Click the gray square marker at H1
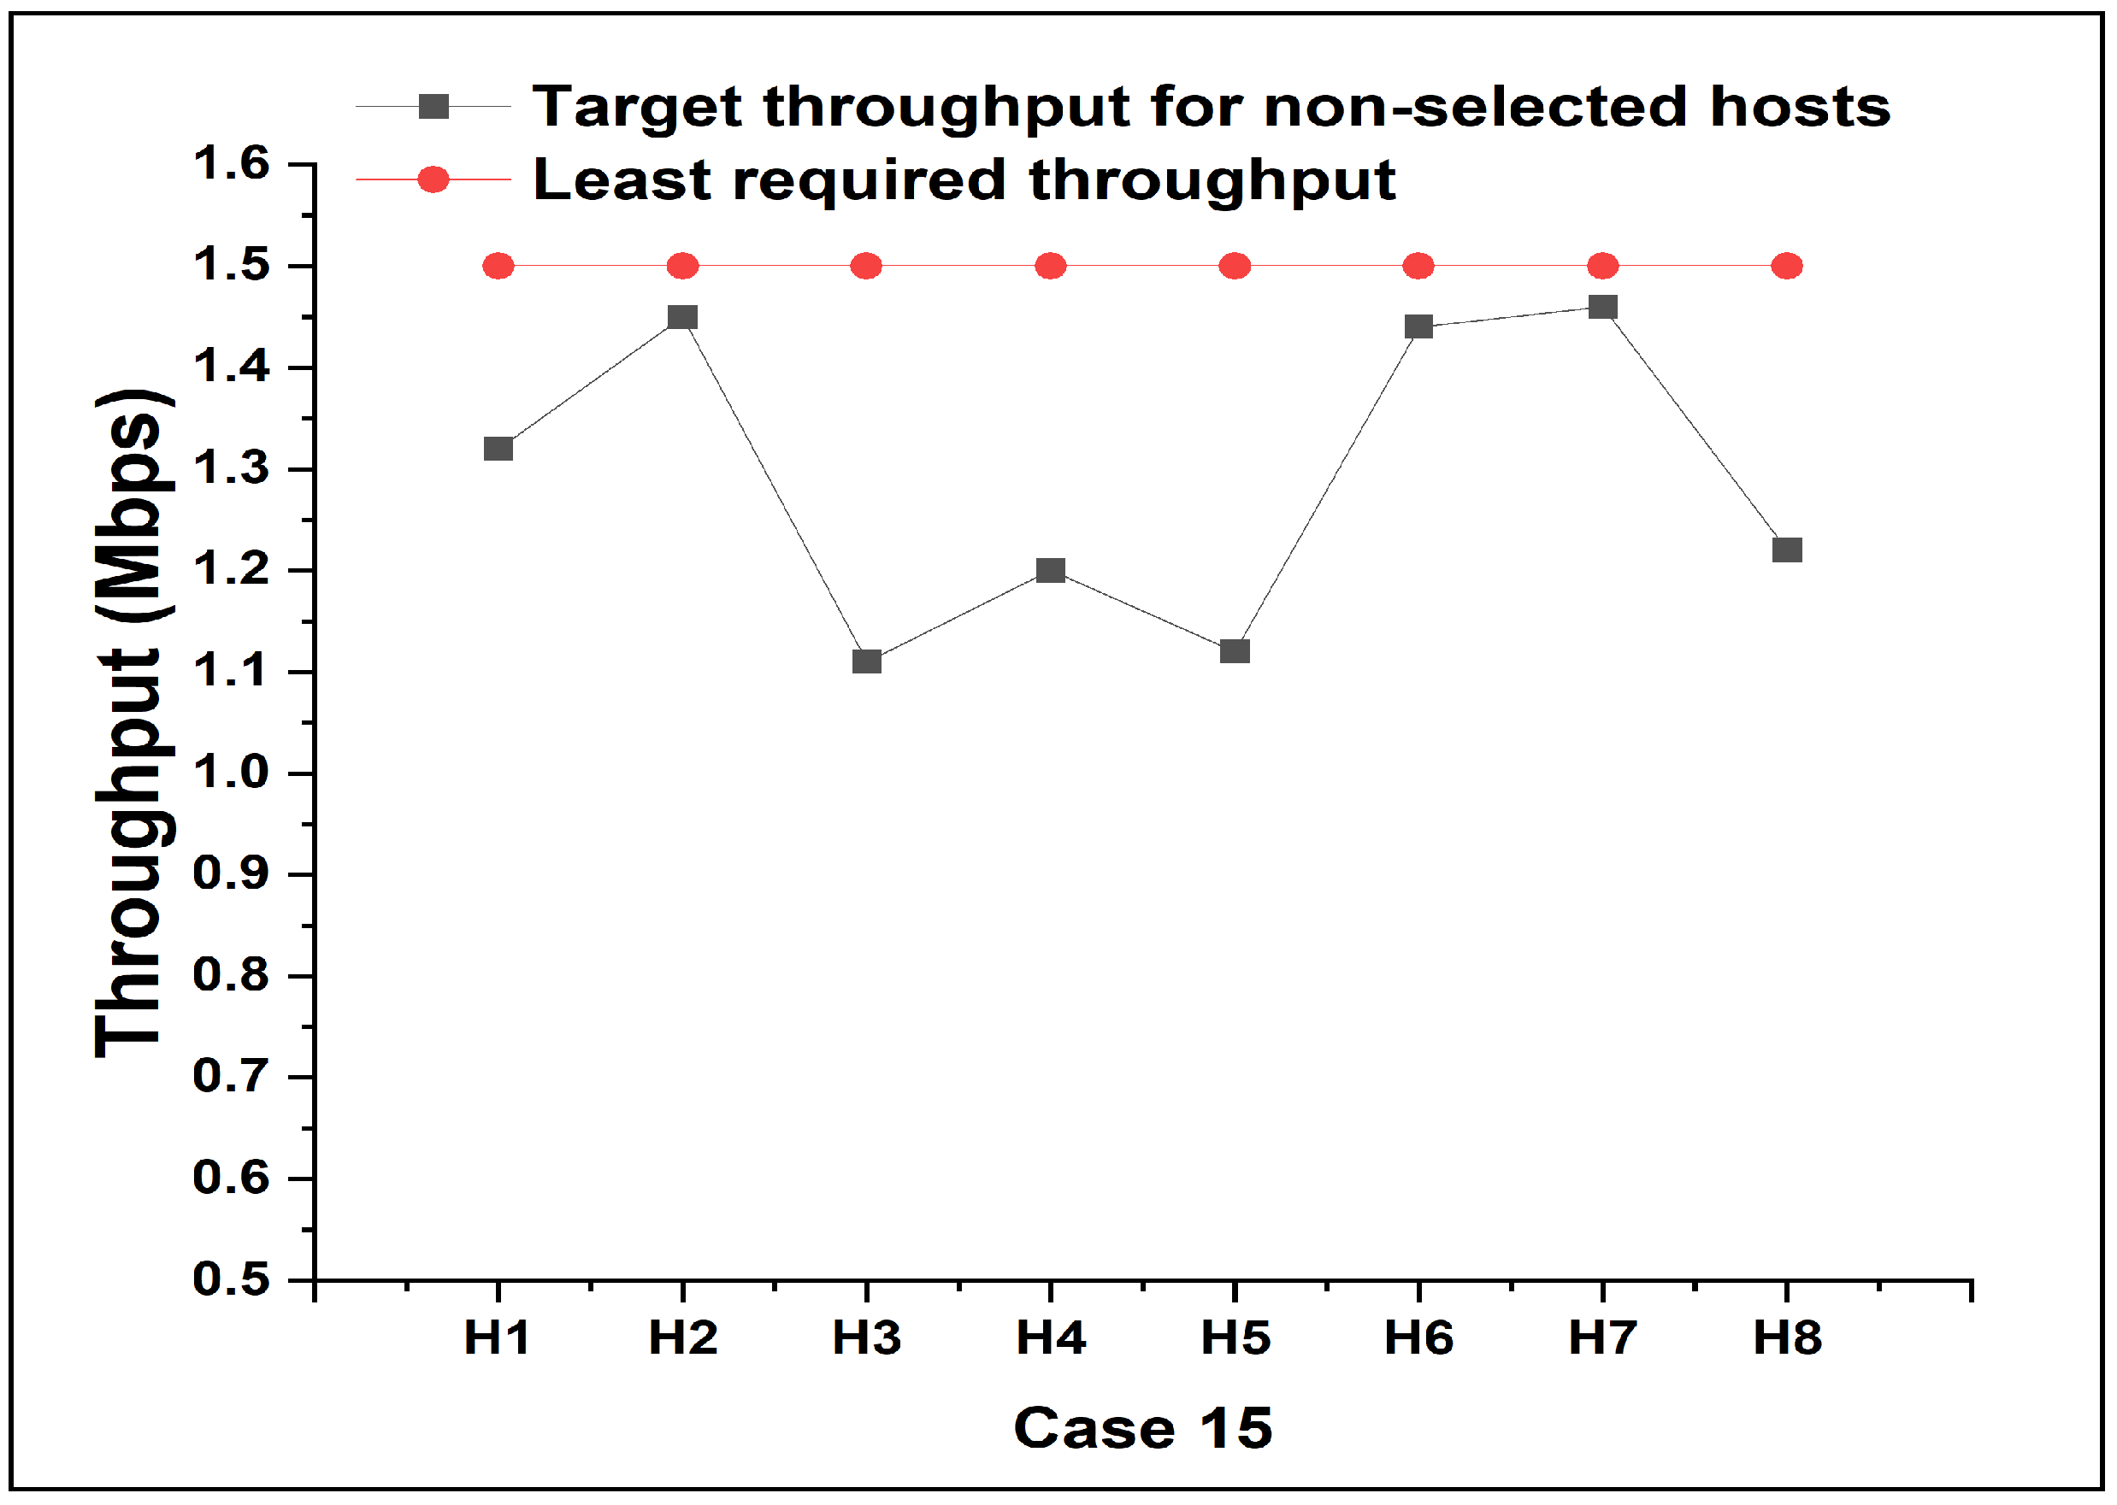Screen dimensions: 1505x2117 pyautogui.click(x=498, y=449)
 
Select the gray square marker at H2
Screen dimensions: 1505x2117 pyautogui.click(x=682, y=317)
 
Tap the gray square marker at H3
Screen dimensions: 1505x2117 pyautogui.click(x=867, y=661)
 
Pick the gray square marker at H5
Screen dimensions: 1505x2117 pyautogui.click(x=1235, y=650)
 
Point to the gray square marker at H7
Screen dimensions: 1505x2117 pyautogui.click(x=1602, y=307)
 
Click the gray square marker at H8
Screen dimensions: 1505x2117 pyautogui.click(x=1787, y=550)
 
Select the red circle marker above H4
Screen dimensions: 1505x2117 pyautogui.click(x=1050, y=267)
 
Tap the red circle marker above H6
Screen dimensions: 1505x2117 pyautogui.click(x=1418, y=267)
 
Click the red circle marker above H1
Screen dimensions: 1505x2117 pyautogui.click(x=498, y=267)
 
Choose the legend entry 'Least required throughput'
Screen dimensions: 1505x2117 pyautogui.click(x=964, y=179)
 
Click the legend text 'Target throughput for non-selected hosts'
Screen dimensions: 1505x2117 pyautogui.click(x=1211, y=107)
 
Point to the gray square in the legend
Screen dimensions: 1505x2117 pyautogui.click(x=433, y=107)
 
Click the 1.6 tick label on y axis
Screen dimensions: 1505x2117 pyautogui.click(x=231, y=164)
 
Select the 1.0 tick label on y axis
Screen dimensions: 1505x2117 pyautogui.click(x=231, y=772)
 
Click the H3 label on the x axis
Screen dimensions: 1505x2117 pyautogui.click(x=867, y=1338)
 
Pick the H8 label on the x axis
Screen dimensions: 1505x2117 pyautogui.click(x=1787, y=1338)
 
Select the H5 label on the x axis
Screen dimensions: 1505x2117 pyautogui.click(x=1235, y=1338)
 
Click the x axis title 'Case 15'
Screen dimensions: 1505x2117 pyautogui.click(x=1143, y=1428)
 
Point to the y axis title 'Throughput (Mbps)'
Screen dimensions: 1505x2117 pyautogui.click(x=133, y=723)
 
